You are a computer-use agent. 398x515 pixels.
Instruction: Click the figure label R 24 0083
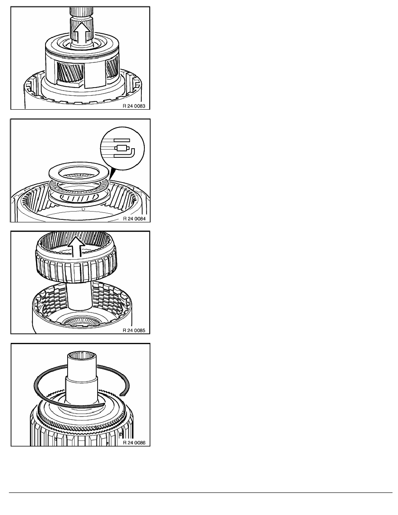point(134,106)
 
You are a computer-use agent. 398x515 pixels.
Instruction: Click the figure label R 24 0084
point(134,218)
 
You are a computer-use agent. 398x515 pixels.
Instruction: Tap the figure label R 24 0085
point(134,330)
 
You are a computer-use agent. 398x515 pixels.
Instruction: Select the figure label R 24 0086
point(134,443)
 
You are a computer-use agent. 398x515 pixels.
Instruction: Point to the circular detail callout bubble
point(122,148)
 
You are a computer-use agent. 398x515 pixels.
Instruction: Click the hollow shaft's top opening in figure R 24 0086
point(81,356)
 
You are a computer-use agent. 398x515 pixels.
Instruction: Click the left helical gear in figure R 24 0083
point(70,74)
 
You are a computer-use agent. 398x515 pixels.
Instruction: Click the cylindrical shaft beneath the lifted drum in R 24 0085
point(78,296)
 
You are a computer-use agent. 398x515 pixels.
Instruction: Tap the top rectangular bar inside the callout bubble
point(122,140)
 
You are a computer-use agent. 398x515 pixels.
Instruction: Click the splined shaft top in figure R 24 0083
point(81,13)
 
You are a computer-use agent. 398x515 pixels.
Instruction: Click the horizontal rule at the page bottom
point(201,492)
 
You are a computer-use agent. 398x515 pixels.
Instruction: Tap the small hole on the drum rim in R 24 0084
point(83,209)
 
